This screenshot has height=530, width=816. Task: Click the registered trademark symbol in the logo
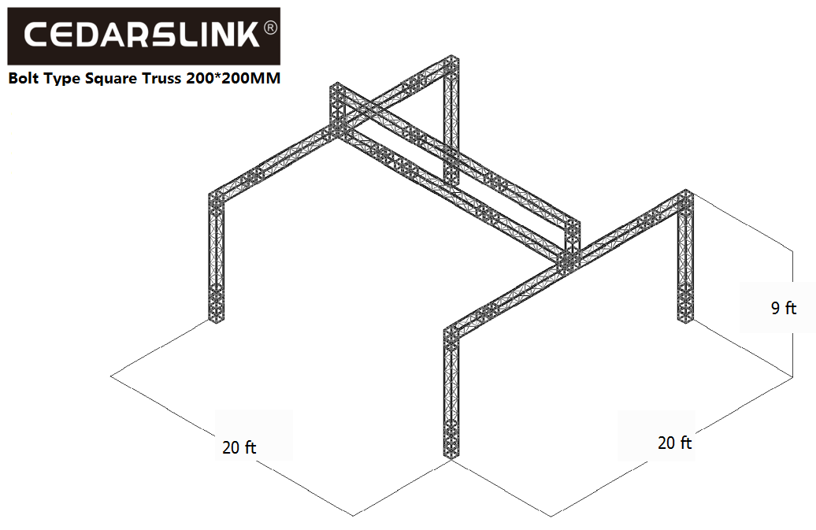271,28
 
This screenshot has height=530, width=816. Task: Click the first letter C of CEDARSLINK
36,35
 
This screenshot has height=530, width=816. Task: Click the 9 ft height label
784,308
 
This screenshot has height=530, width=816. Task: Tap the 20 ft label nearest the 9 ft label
674,443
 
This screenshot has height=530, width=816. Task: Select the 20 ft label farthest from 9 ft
239,447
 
